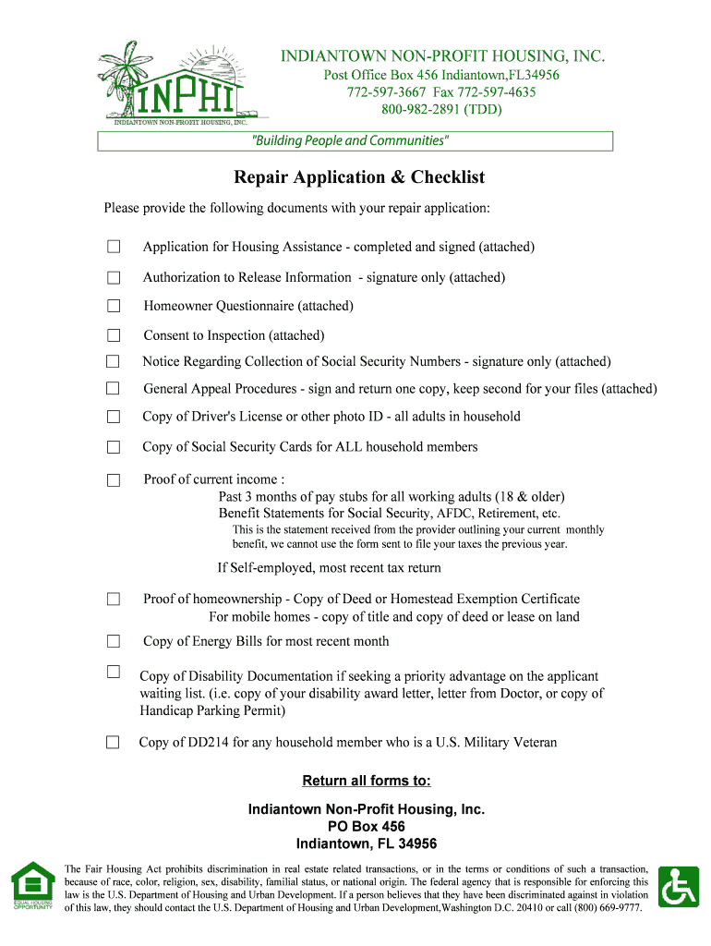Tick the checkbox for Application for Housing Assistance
click(114, 247)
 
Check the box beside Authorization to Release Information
click(114, 277)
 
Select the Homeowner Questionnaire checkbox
click(114, 306)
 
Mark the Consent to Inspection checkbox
click(114, 335)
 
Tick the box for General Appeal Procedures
click(114, 389)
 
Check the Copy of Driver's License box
click(114, 417)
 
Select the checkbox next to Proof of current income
click(114, 479)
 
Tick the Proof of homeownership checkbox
click(114, 599)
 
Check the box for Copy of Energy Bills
click(114, 641)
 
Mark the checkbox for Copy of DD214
click(113, 743)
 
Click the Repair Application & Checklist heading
click(358, 177)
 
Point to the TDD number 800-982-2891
click(428, 110)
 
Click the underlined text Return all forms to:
click(367, 781)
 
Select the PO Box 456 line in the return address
click(367, 826)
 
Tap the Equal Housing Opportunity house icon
click(32, 885)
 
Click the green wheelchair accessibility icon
click(682, 887)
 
